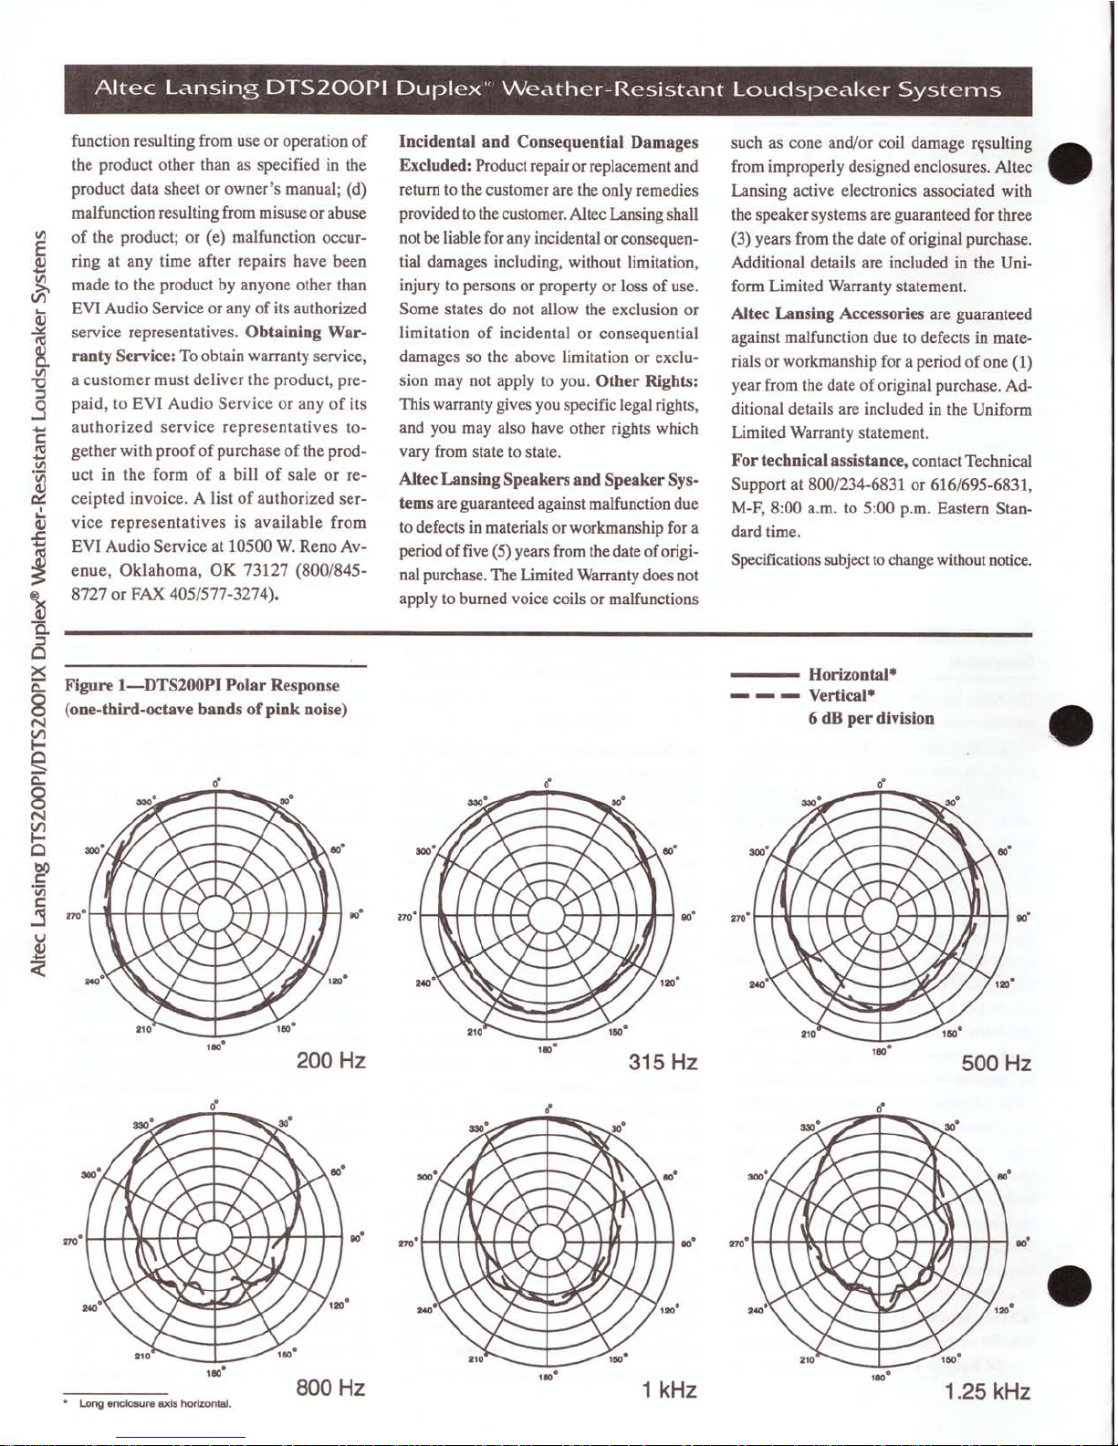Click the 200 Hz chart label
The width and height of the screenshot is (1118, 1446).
(331, 1061)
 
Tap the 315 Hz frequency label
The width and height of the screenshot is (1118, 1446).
(663, 1063)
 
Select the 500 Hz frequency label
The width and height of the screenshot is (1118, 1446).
(997, 1064)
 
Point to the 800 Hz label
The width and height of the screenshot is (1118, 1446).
(331, 1389)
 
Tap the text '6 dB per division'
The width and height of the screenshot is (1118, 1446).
(871, 719)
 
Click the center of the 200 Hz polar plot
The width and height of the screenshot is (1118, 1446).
(215, 913)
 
